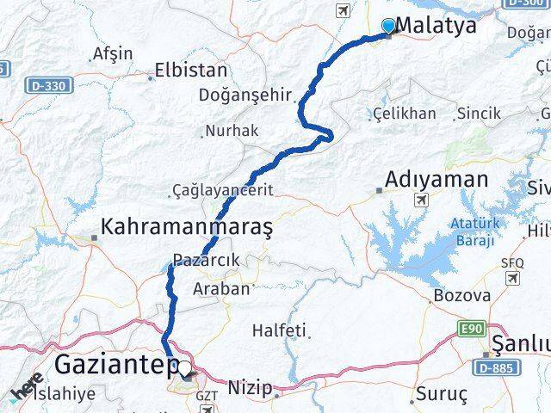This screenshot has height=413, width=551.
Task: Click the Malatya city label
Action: click(x=436, y=26)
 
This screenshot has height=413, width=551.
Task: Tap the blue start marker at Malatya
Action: click(x=388, y=26)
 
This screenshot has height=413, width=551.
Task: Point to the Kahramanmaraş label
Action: click(x=187, y=227)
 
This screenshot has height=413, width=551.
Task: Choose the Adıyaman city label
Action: click(x=436, y=180)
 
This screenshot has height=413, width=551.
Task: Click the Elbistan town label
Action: click(x=190, y=71)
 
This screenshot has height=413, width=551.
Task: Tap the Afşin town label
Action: click(x=113, y=53)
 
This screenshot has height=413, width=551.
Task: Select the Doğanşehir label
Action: click(x=245, y=96)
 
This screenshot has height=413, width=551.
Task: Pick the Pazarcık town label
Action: click(x=205, y=260)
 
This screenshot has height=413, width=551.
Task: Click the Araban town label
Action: click(x=222, y=289)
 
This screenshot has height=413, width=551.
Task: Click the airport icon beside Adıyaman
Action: click(x=421, y=200)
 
